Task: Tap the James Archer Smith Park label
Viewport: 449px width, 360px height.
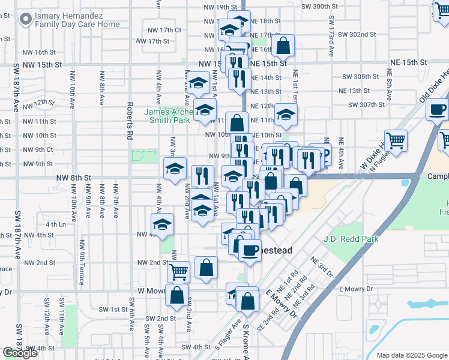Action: (x=167, y=115)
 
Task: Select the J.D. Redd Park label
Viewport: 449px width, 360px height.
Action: (x=353, y=239)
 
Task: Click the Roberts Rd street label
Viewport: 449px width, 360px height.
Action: (x=129, y=121)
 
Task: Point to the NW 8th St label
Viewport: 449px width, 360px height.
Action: (x=73, y=178)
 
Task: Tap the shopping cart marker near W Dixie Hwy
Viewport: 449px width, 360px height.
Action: (x=396, y=140)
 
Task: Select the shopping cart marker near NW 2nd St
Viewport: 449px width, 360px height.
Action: (x=178, y=271)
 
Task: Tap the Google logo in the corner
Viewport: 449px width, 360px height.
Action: (x=20, y=353)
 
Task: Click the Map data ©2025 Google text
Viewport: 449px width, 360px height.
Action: (x=411, y=355)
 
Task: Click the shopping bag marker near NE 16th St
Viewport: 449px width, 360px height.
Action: (x=283, y=44)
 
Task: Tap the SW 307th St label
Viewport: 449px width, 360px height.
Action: (x=363, y=104)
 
